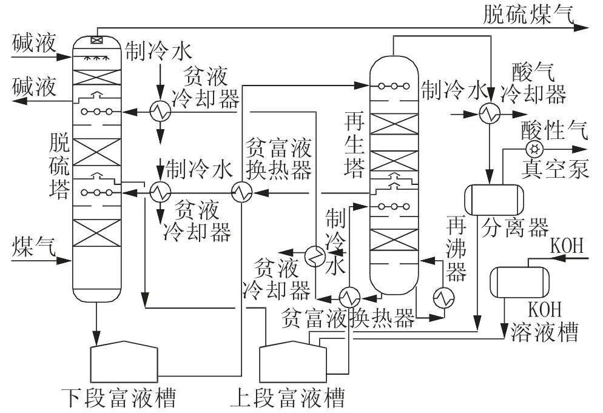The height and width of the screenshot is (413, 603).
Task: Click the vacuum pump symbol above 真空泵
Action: tap(534, 149)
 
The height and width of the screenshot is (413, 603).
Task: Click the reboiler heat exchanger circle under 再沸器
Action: tap(442, 297)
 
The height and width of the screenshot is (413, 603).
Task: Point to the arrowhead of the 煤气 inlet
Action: tap(68, 261)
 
